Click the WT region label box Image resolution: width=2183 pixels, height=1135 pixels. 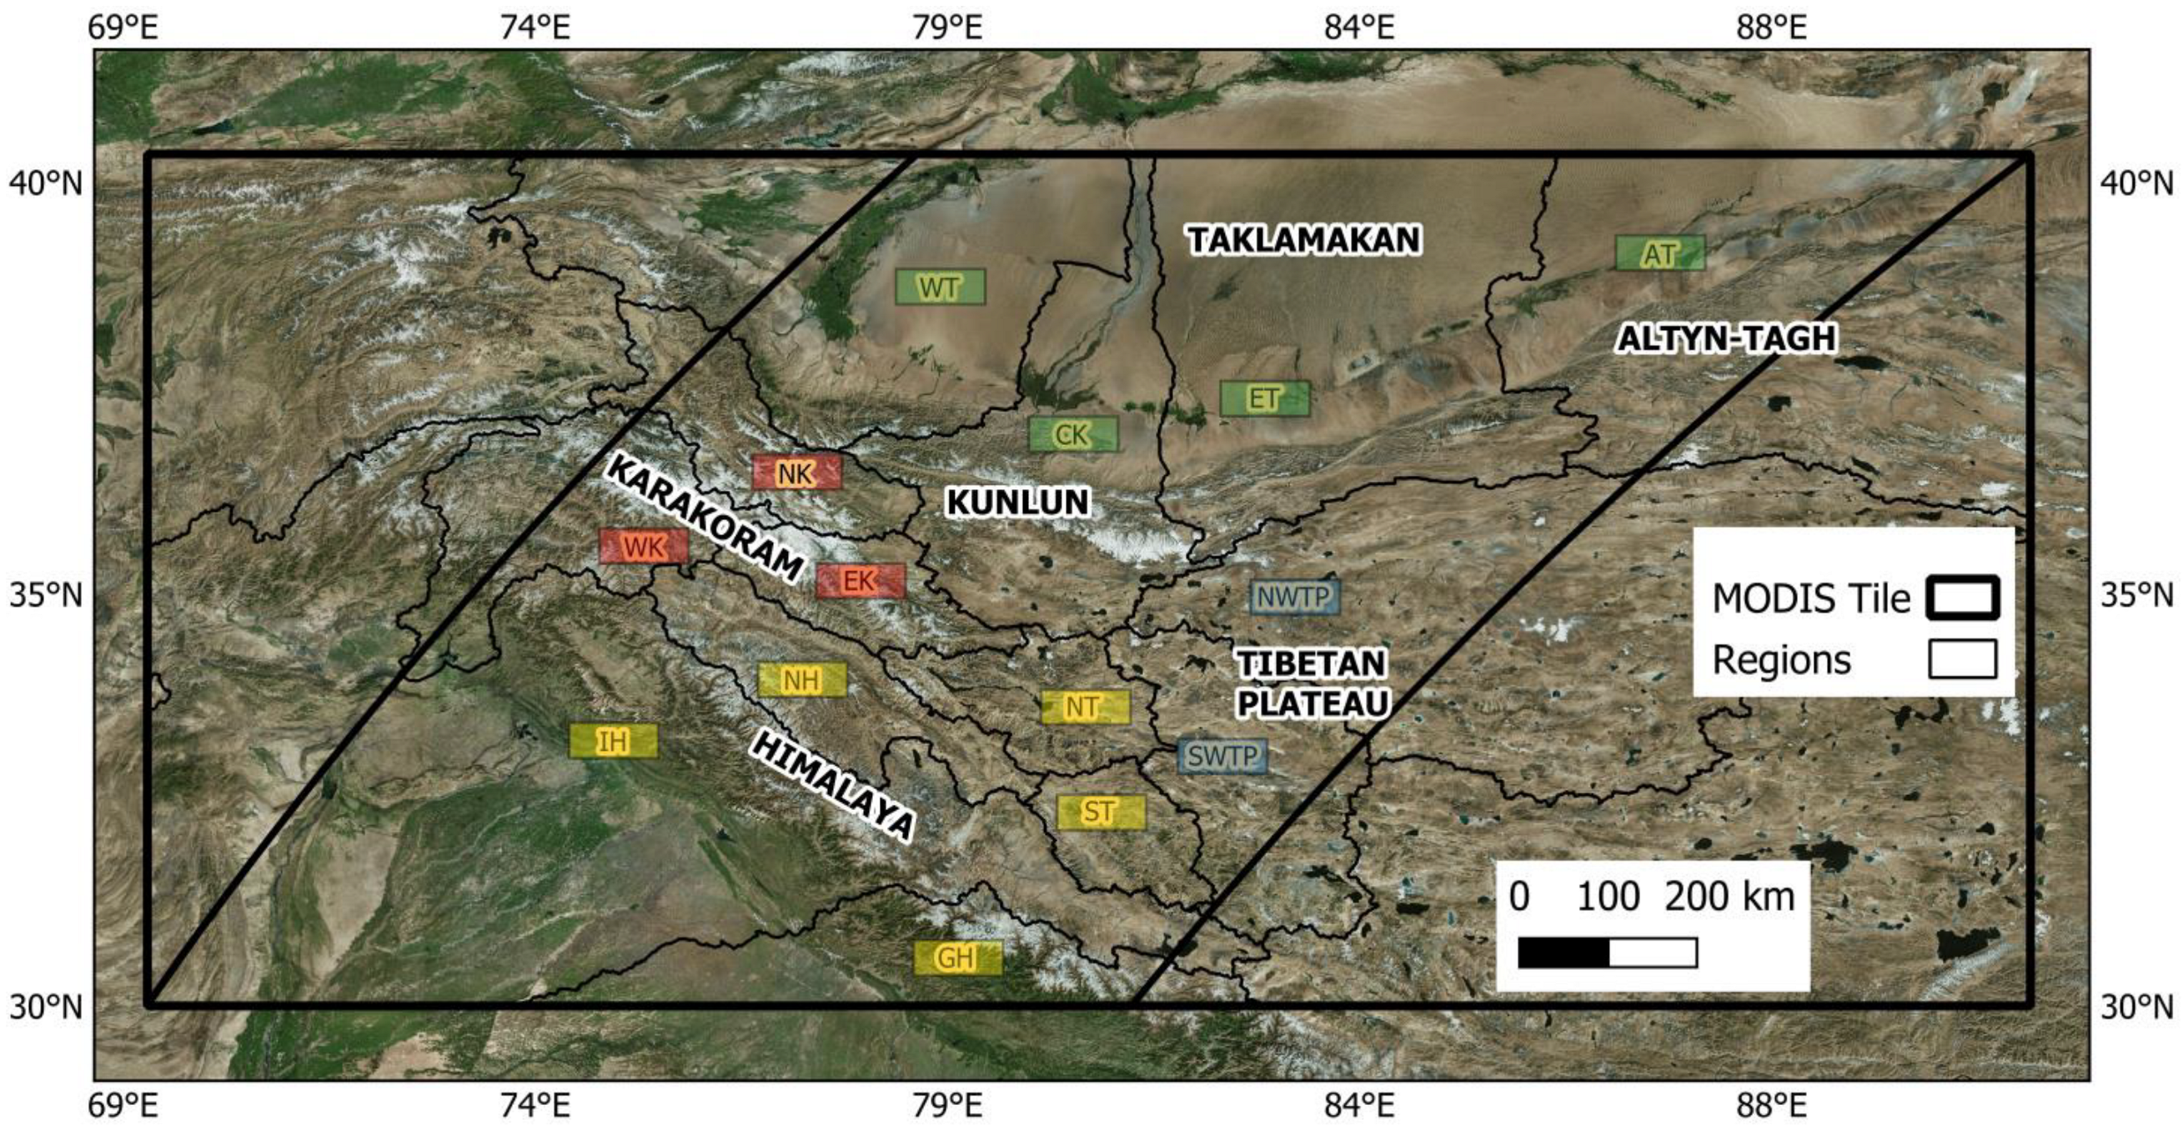(x=940, y=287)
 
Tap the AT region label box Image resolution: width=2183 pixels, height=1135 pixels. (x=1659, y=253)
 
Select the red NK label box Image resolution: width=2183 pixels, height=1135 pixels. (x=796, y=472)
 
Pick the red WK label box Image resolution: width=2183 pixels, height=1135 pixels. (x=643, y=547)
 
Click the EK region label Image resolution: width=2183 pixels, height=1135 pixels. (x=861, y=580)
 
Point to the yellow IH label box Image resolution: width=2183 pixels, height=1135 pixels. (x=613, y=741)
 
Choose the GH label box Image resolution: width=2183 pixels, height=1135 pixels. (x=956, y=958)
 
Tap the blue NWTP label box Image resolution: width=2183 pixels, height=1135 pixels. (x=1294, y=597)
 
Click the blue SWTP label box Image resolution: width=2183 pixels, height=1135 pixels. (x=1222, y=756)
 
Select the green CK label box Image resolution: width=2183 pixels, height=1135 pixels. (x=1073, y=434)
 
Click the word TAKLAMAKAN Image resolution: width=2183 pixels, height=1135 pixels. (x=1303, y=241)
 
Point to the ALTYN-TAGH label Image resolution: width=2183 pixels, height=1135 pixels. (x=1726, y=339)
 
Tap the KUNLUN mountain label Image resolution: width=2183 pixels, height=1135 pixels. (x=1017, y=502)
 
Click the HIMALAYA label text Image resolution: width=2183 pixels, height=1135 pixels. (x=833, y=787)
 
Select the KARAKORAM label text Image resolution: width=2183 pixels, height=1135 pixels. (x=704, y=517)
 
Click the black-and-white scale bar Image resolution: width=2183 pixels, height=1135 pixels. (x=1607, y=952)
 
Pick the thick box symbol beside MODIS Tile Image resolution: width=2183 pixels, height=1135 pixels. (x=1962, y=598)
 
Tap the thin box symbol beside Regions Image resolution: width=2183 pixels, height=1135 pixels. (x=1962, y=659)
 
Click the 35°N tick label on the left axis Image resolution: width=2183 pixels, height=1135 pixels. (x=47, y=596)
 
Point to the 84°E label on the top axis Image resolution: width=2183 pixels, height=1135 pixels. (x=1358, y=29)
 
